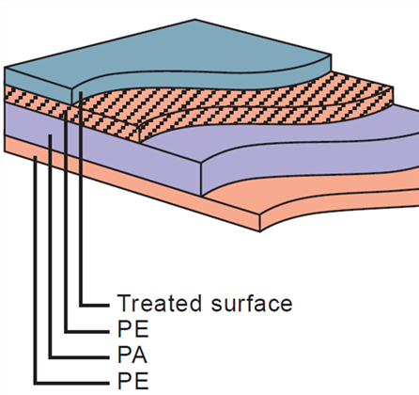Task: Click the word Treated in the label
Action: point(159,303)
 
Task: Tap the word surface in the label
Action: point(252,303)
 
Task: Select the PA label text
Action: point(132,355)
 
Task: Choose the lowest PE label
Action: point(132,381)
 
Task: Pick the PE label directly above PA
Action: point(132,329)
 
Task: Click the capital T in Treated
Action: point(124,303)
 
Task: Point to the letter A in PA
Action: point(139,355)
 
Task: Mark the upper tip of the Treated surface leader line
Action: point(81,92)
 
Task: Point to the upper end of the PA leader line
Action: point(50,135)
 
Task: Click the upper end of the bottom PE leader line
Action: point(36,157)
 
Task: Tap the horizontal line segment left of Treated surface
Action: point(94,305)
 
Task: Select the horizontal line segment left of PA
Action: point(79,357)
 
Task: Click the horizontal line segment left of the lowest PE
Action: point(71,383)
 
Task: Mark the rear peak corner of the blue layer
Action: point(194,20)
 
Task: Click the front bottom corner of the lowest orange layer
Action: point(260,231)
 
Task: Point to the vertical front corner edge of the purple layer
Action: point(201,179)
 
